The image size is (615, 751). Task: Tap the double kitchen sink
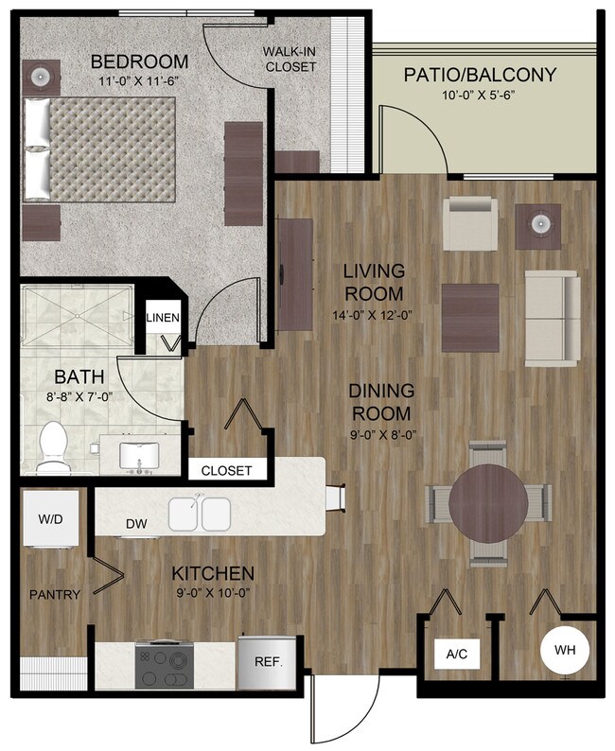(201, 514)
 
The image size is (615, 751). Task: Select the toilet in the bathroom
(54, 447)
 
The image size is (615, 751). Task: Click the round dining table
(488, 499)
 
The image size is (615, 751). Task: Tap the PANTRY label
(54, 595)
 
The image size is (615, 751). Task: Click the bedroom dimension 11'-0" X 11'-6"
(138, 82)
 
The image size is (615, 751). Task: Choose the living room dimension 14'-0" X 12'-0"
(373, 316)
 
